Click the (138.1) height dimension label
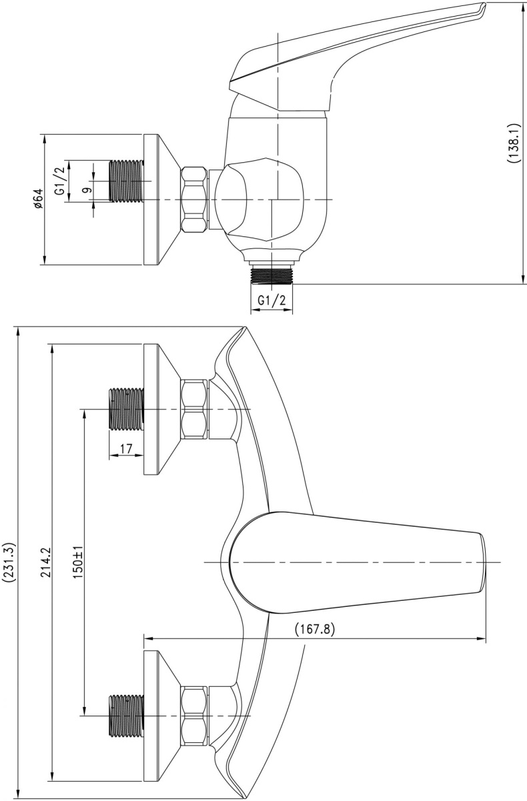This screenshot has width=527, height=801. pyautogui.click(x=514, y=143)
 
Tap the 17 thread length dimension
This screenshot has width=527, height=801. pyautogui.click(x=126, y=448)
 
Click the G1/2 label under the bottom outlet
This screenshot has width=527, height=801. pyautogui.click(x=272, y=300)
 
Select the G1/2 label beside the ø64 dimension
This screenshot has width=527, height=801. pyautogui.click(x=61, y=182)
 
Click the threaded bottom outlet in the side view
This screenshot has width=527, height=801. pyautogui.click(x=272, y=275)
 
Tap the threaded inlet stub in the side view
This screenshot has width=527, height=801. pyautogui.click(x=127, y=182)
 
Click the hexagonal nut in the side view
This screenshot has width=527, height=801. pyautogui.click(x=194, y=200)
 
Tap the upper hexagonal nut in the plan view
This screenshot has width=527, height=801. pyautogui.click(x=194, y=409)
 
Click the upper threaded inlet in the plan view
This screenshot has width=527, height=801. pyautogui.click(x=127, y=409)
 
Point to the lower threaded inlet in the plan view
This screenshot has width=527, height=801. pyautogui.click(x=127, y=716)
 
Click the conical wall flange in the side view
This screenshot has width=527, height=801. pyautogui.click(x=161, y=200)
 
